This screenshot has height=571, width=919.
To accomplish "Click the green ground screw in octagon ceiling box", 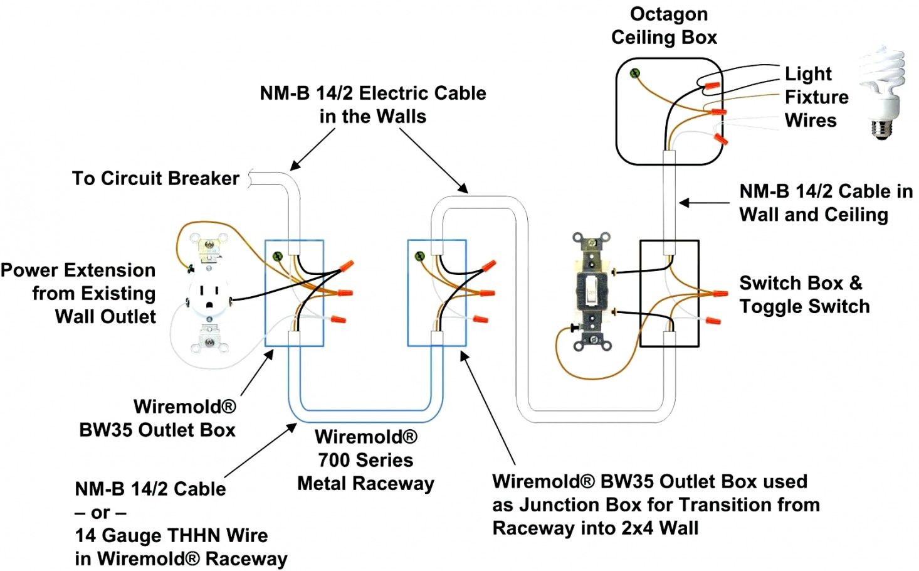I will tap(634, 73).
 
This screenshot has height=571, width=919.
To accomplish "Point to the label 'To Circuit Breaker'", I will tap(155, 178).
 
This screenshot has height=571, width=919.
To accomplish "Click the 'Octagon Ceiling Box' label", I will tap(664, 26).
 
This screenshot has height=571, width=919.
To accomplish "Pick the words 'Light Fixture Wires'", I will tap(816, 97).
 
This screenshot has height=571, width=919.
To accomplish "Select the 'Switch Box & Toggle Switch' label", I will tap(804, 294).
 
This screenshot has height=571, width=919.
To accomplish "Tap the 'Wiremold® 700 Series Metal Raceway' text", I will tap(365, 460).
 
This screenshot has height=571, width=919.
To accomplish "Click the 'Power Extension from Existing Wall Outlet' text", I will tap(78, 293).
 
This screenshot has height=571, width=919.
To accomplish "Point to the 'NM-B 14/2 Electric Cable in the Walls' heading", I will tap(373, 105).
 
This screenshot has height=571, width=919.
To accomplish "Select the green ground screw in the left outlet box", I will tap(278, 255).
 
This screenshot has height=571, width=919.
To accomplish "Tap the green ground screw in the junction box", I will tap(420, 255).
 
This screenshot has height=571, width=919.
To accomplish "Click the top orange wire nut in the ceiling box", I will tap(712, 84).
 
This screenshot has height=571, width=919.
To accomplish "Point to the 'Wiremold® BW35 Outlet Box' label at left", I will tap(158, 418).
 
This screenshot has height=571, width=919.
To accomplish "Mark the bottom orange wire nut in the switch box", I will tap(712, 321).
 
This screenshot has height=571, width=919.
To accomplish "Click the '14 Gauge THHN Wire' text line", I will tap(171, 535).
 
